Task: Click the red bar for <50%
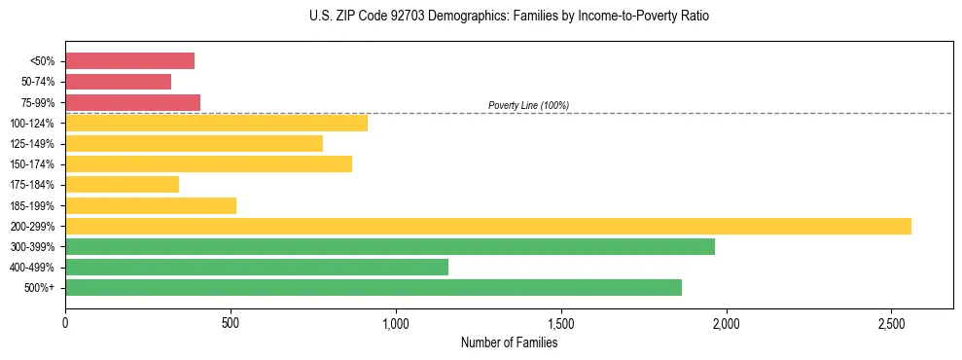129,61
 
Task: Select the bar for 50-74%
118,82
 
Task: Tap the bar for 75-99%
132,102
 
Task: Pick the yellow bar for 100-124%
216,123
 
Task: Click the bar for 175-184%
122,185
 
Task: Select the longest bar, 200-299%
487,226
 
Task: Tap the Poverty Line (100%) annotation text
528,105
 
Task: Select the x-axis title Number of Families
509,342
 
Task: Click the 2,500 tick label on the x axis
892,322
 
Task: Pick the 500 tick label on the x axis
231,322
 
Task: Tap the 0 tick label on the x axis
65,322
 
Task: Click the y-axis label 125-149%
32,144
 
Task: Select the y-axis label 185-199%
32,206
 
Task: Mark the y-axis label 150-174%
32,164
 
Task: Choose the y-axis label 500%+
40,288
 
